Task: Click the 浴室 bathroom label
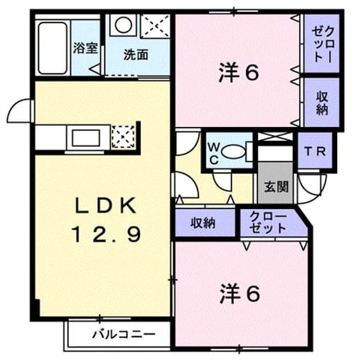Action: (86, 49)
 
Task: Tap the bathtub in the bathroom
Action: (53, 48)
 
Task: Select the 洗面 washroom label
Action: (136, 55)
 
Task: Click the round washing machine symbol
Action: (123, 25)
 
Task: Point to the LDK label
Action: (105, 206)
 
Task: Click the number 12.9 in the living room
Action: (106, 234)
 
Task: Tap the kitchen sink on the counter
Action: (86, 138)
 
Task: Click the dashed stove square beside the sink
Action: (123, 137)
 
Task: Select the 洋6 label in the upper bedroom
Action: (239, 73)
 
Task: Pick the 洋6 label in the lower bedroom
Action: (240, 293)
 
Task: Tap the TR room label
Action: (314, 151)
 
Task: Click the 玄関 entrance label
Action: (276, 187)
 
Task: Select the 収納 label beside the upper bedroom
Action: (322, 103)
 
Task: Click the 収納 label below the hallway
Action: (203, 223)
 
